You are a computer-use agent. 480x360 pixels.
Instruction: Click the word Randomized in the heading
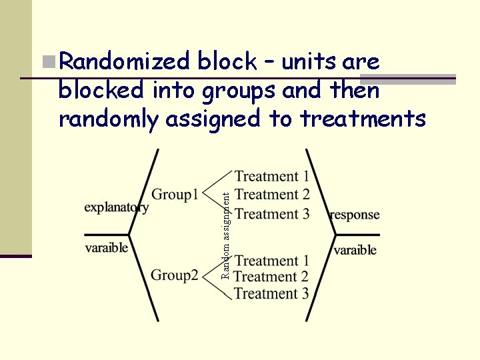click(x=125, y=62)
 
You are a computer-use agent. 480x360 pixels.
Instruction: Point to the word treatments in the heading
click(x=363, y=119)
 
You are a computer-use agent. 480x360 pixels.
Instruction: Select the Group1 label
click(x=175, y=195)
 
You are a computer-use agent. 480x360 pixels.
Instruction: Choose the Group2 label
click(x=175, y=275)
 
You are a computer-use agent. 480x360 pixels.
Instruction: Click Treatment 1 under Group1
click(x=272, y=176)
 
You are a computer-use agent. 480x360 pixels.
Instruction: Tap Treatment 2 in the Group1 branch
click(x=272, y=195)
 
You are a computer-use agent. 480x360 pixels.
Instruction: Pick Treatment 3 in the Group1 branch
click(x=272, y=213)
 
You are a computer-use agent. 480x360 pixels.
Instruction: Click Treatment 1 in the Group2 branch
click(x=272, y=261)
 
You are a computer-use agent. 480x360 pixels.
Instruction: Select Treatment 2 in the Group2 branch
click(x=271, y=276)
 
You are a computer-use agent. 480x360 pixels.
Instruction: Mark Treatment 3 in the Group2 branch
click(x=271, y=293)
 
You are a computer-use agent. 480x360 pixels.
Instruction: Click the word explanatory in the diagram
click(x=116, y=207)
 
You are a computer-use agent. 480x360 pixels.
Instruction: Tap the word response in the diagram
click(x=354, y=215)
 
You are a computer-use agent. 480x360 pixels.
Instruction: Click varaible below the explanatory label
click(x=106, y=247)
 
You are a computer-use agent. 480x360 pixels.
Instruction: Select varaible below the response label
click(x=355, y=250)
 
